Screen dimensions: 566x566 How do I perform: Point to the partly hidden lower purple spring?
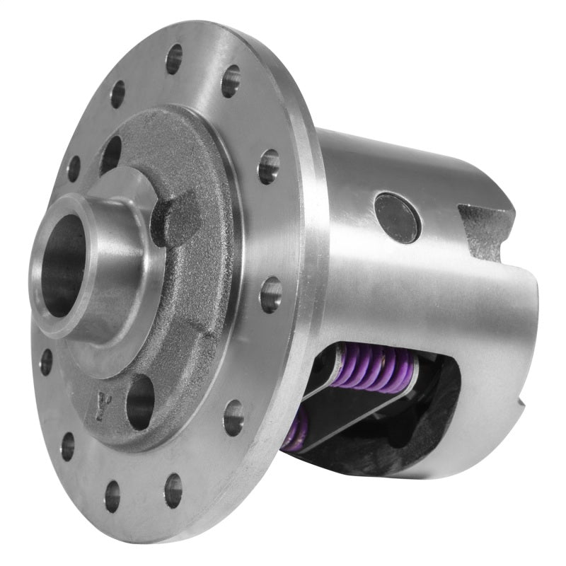pos(296,431)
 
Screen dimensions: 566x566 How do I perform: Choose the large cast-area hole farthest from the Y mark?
pos(110,154)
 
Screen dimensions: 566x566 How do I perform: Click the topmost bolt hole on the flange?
pos(174,59)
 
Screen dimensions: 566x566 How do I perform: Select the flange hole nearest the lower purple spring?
pos(233,417)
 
